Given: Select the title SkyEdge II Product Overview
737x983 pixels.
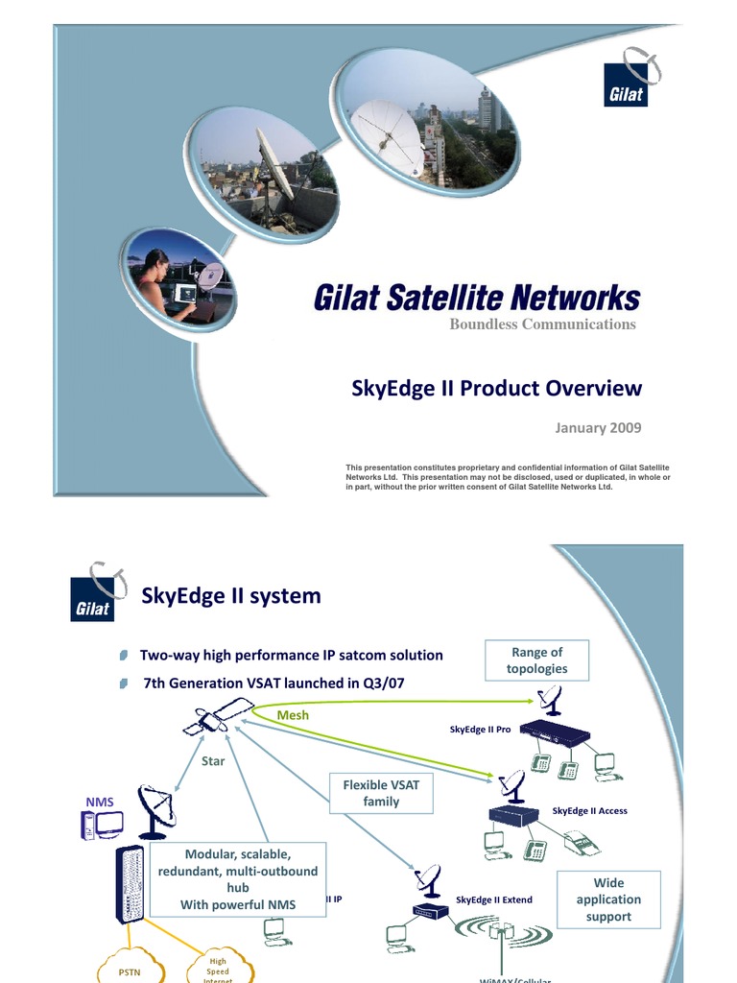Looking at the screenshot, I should pos(497,388).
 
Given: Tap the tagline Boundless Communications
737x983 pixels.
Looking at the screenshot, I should pos(542,324).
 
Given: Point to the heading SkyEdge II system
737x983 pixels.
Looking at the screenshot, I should pos(231,596).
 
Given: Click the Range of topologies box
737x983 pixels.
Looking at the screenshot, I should pos(536,660).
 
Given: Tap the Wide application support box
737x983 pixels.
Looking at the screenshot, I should pos(608,899).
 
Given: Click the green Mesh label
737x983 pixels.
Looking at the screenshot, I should pos(293,715).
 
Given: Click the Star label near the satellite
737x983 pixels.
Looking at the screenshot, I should pos(212,760).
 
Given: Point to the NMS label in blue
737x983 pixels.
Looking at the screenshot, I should pos(100,800).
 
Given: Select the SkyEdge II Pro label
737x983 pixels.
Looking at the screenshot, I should pos(480,730).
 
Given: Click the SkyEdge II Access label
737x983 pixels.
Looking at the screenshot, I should pos(589,811).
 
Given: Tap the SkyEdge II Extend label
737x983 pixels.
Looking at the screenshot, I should pos(493,899).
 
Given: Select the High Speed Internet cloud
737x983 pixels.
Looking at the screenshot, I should pos(218,969).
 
